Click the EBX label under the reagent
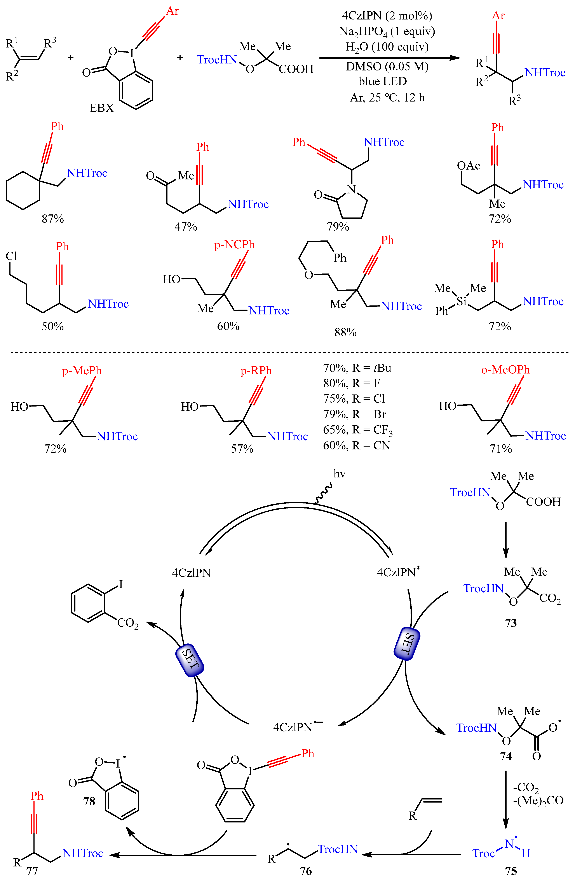[x=102, y=108]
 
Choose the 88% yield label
[x=345, y=332]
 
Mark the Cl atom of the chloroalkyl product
[x=11, y=256]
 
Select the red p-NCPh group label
[x=234, y=245]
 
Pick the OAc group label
[x=468, y=166]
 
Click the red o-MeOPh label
[x=505, y=370]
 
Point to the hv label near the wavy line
[x=339, y=474]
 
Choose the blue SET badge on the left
[x=190, y=660]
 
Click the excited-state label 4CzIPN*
[x=398, y=572]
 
